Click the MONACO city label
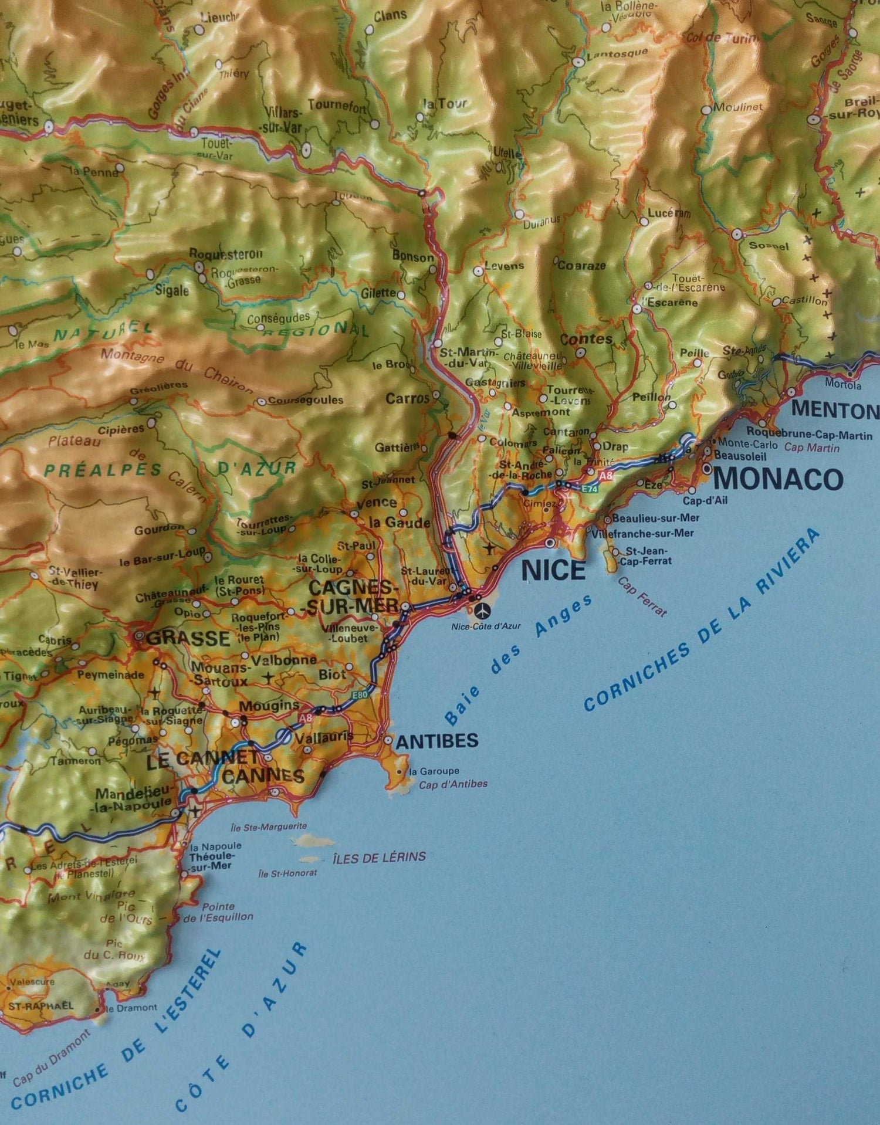coord(778,479)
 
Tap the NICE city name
coord(553,570)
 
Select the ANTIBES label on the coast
coord(437,741)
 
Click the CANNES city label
coord(263,776)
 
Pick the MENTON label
coord(835,410)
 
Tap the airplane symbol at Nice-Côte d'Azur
coord(482,611)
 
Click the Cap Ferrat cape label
coord(643,597)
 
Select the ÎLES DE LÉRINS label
coord(379,857)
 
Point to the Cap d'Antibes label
coord(453,784)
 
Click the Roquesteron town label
coord(225,254)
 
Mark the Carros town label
coord(407,399)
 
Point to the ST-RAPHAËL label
coord(40,1005)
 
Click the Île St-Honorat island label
coord(287,873)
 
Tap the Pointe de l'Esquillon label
coord(218,911)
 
